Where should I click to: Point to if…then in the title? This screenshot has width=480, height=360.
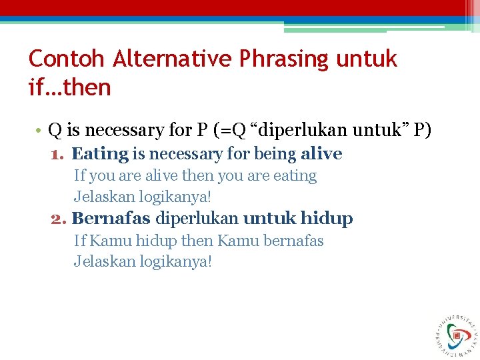click(69, 87)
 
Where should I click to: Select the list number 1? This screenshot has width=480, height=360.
click(57, 154)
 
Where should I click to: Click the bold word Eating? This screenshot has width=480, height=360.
click(99, 154)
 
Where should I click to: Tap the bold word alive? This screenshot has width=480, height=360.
click(321, 154)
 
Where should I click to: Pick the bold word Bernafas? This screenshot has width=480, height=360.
click(111, 219)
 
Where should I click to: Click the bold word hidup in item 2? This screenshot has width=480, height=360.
click(327, 219)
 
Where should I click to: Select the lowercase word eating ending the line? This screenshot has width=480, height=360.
click(295, 176)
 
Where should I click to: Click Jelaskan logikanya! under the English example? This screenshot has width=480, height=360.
click(143, 197)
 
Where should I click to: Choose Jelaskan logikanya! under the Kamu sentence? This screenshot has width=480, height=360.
click(143, 261)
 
